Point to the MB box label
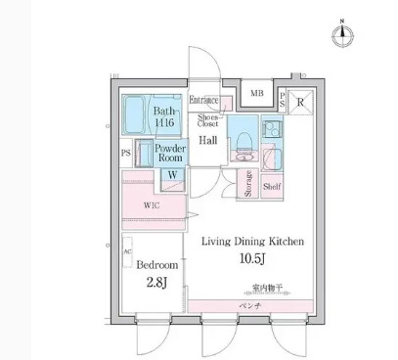(x=256, y=94)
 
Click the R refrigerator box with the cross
(x=300, y=100)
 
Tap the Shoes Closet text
(x=208, y=119)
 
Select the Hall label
(x=208, y=141)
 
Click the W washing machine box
(x=172, y=175)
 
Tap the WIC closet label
(x=152, y=205)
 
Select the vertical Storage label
(x=248, y=183)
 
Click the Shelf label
(x=273, y=184)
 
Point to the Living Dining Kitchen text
(x=252, y=242)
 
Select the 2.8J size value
(x=155, y=285)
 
